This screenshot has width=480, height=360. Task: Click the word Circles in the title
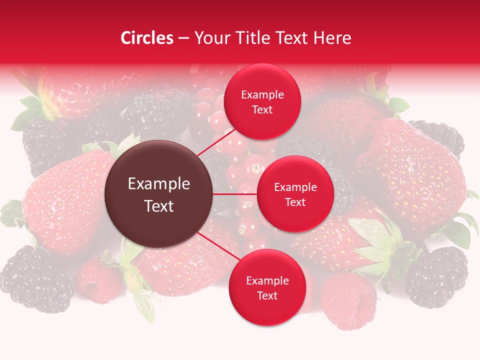tap(147, 38)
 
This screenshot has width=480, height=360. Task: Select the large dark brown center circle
tap(159, 194)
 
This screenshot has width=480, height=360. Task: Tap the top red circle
tap(262, 102)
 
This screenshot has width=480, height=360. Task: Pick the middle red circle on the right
tap(295, 194)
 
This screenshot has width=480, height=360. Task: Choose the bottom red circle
tap(267, 287)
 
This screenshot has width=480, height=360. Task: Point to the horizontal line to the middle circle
tap(235, 194)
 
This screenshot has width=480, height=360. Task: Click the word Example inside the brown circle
tap(159, 184)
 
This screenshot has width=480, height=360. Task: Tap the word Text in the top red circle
tap(262, 110)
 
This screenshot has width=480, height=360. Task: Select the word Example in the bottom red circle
tap(267, 280)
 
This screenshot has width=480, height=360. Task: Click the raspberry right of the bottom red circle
tap(348, 300)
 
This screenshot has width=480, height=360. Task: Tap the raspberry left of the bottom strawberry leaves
tap(97, 280)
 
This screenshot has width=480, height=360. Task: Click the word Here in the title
tap(334, 38)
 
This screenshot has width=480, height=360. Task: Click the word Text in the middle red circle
tap(295, 202)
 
